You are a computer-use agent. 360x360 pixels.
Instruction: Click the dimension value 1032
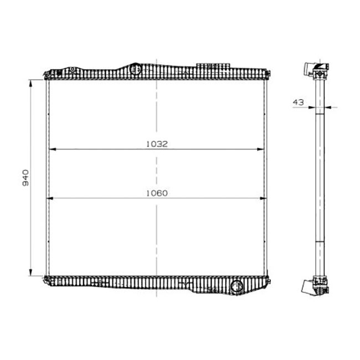click(157, 143)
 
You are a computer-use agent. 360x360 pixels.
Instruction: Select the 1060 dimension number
click(157, 193)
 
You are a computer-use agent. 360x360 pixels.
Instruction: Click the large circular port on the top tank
click(135, 70)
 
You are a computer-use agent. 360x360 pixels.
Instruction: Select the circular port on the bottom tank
click(236, 287)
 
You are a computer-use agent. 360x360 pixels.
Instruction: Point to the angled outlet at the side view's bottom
click(307, 286)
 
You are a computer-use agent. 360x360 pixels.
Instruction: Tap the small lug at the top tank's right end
click(268, 73)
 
